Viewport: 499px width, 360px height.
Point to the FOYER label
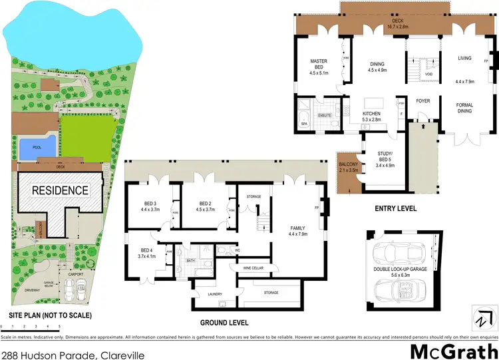[x=422, y=102]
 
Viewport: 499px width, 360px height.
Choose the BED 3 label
[x=149, y=207]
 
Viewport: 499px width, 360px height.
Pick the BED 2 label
[x=205, y=207]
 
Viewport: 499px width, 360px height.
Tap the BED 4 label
[x=146, y=253]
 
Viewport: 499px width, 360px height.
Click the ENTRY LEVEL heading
[x=395, y=208]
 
